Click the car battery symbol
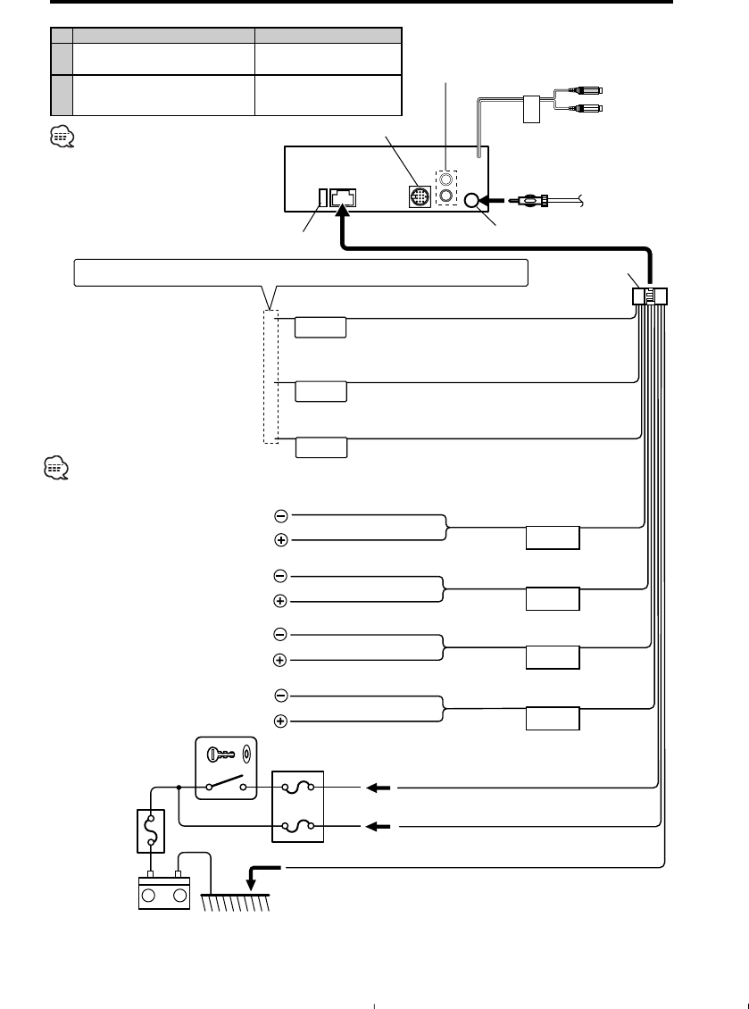[162, 892]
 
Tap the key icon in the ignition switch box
[219, 754]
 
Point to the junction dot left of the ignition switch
[179, 788]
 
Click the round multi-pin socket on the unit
[419, 196]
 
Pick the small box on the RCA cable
[531, 107]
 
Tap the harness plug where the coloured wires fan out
[653, 297]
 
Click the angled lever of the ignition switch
[229, 783]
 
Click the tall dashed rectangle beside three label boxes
[271, 377]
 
